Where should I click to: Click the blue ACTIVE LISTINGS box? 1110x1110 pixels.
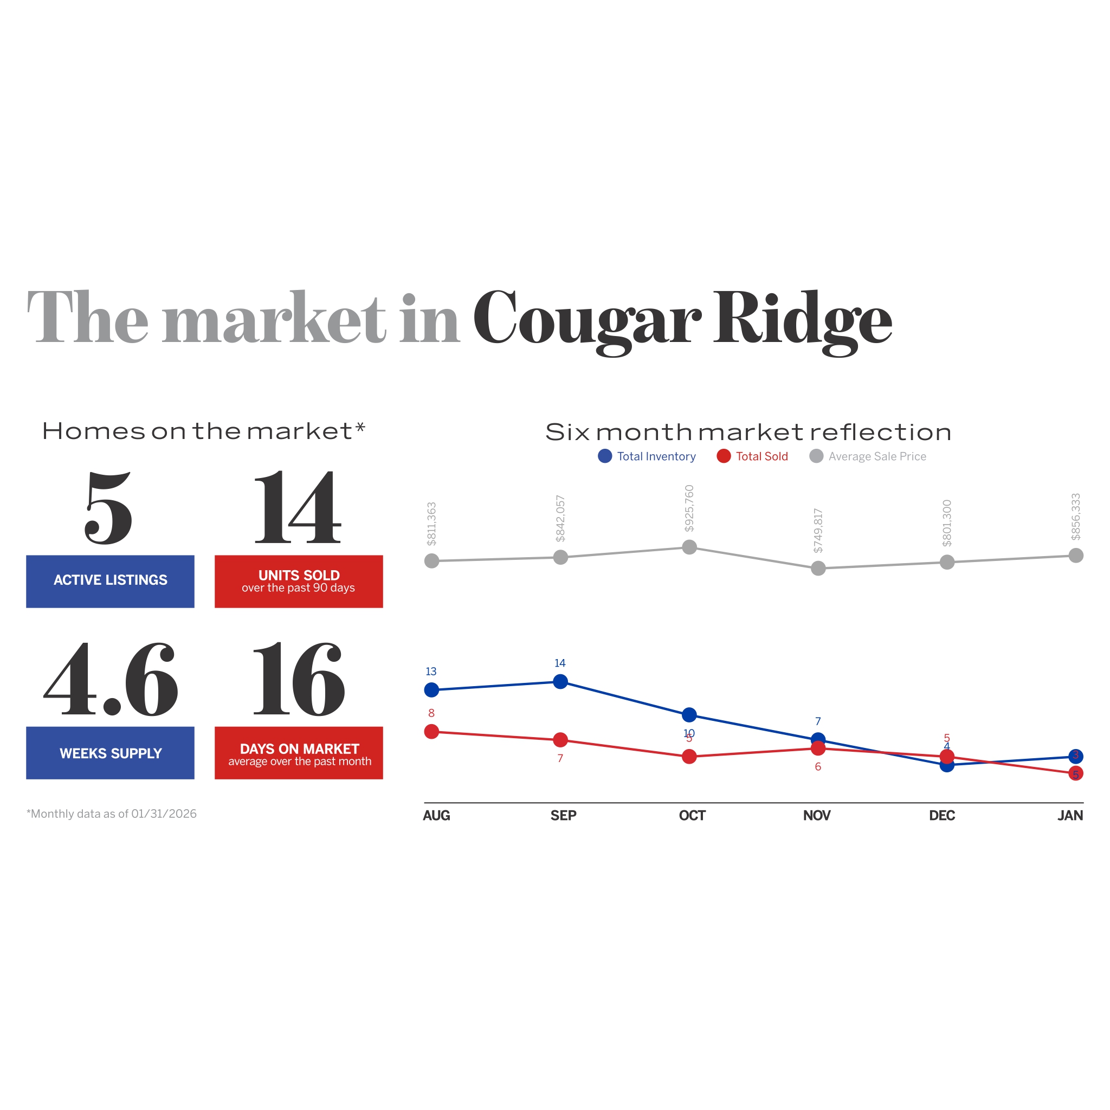click(111, 581)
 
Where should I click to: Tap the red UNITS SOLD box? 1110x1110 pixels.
click(299, 581)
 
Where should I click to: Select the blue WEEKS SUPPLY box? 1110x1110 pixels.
click(111, 753)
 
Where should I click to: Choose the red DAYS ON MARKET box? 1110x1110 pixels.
click(299, 753)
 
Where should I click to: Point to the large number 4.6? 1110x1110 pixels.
click(111, 680)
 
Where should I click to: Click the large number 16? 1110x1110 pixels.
click(299, 680)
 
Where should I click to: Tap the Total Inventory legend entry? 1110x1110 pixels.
click(647, 456)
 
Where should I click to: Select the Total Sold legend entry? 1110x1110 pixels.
click(753, 456)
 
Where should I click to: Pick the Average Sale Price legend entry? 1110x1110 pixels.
click(868, 456)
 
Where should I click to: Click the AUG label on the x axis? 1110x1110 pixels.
click(437, 815)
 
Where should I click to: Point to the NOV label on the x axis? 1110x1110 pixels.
click(816, 815)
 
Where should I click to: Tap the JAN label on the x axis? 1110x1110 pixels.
click(1070, 815)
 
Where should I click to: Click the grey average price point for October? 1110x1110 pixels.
click(689, 547)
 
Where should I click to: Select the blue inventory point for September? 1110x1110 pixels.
click(560, 681)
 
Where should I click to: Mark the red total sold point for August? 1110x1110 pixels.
click(431, 731)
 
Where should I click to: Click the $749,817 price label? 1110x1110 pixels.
click(818, 531)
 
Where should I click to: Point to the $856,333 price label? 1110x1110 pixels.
click(1075, 517)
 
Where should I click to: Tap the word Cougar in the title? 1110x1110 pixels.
click(586, 319)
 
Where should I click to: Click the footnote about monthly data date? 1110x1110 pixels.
click(112, 814)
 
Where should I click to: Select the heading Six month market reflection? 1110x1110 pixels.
click(748, 432)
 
